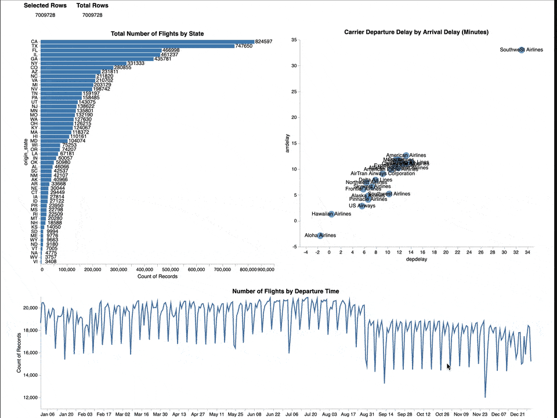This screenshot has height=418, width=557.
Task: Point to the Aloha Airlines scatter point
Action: click(320, 235)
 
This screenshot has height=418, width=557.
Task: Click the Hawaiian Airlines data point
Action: click(331, 214)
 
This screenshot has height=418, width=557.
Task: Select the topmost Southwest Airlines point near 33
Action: click(521, 50)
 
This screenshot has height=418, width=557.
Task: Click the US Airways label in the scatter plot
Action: click(362, 206)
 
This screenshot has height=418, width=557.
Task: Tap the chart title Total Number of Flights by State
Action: click(157, 34)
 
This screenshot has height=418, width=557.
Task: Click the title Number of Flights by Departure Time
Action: click(285, 291)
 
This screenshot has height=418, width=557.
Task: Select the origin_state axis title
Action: click(26, 152)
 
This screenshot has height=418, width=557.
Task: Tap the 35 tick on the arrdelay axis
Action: click(295, 40)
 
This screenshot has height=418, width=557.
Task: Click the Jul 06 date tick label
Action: click(292, 415)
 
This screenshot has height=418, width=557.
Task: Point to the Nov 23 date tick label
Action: click(480, 415)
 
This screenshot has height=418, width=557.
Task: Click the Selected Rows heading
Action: click(45, 5)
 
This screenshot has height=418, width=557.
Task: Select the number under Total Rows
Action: click(92, 15)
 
